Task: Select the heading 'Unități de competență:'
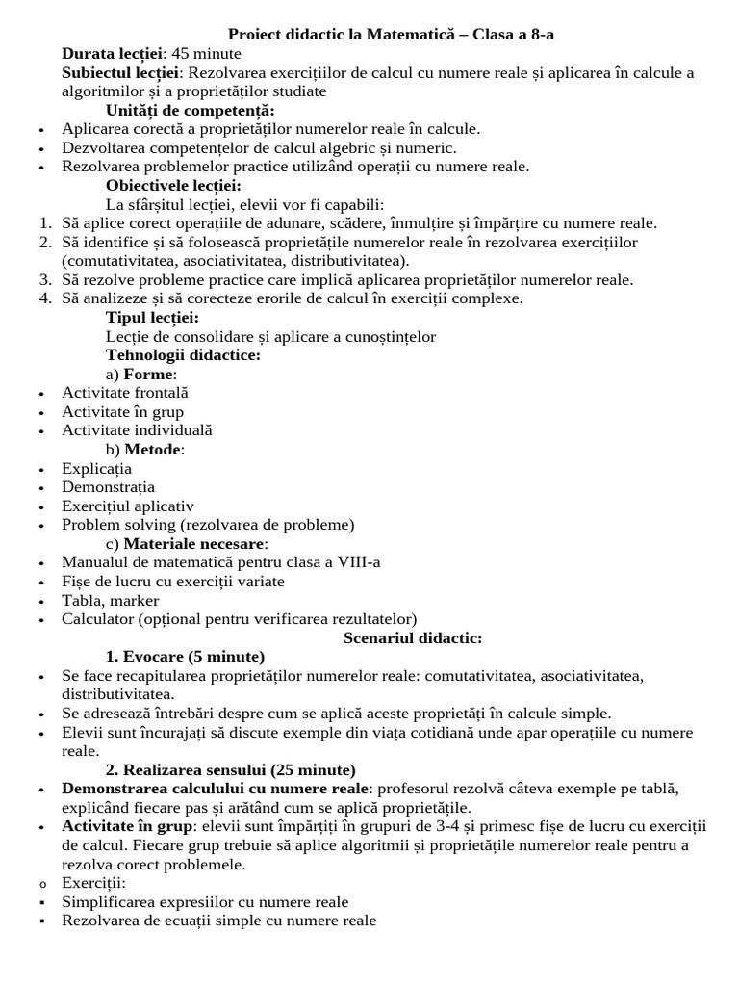(x=190, y=110)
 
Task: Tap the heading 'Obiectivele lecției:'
(x=173, y=185)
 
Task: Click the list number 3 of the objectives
(x=44, y=280)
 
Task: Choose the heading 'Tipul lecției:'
(x=152, y=318)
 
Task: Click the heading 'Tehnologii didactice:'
(x=183, y=355)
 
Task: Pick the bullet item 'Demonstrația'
(x=108, y=487)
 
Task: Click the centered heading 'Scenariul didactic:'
(x=413, y=637)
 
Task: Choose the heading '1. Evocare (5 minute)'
(x=185, y=657)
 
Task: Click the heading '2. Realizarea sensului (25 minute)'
(x=230, y=770)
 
